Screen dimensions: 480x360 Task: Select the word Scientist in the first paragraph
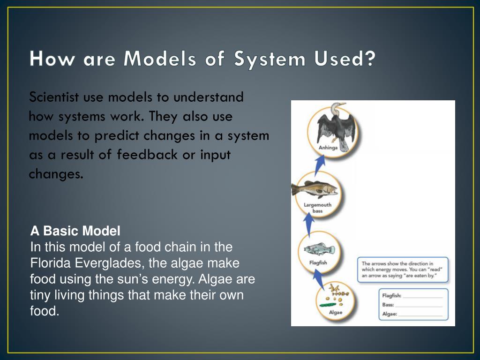coord(54,97)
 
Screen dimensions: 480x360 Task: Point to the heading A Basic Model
coord(75,231)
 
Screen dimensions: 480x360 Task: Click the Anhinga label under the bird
coord(328,148)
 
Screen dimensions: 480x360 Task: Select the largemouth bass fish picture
coord(314,188)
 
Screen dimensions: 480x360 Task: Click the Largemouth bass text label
coord(317,208)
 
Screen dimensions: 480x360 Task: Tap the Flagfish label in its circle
coord(318,263)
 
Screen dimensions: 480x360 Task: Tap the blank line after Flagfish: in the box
coord(422,296)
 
